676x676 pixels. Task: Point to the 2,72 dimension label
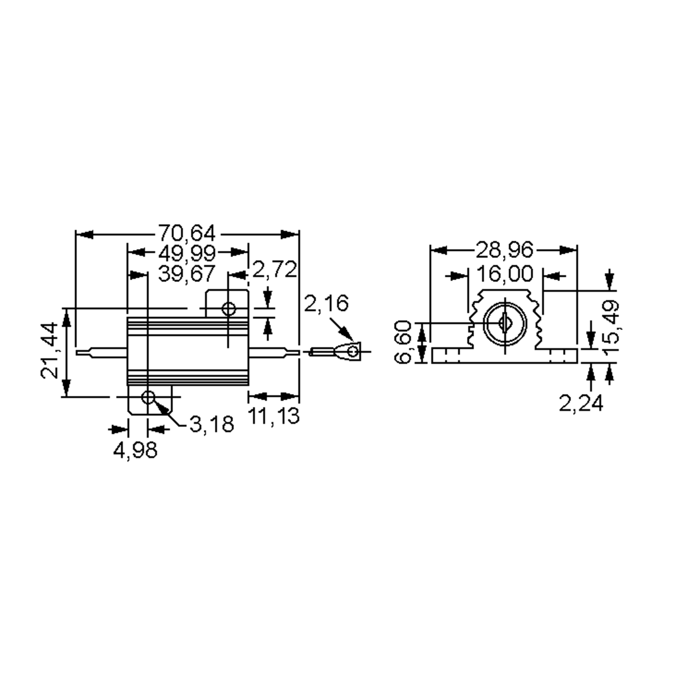274,270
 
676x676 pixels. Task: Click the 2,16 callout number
326,303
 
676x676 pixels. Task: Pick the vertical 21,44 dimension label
49,351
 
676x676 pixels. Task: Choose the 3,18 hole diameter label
212,424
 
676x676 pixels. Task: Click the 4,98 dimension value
135,450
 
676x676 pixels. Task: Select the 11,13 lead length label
273,416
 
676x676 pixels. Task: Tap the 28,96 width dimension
504,250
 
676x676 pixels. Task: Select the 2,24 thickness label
581,403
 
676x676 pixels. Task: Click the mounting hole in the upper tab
229,309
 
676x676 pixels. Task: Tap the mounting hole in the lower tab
148,397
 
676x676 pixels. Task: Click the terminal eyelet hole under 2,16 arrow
353,351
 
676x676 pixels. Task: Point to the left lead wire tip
77,353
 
